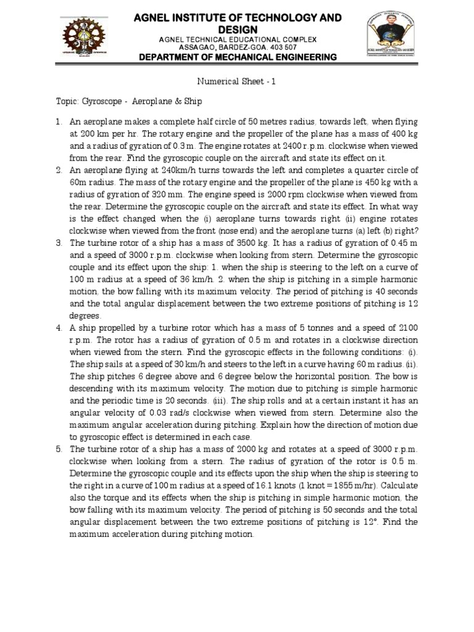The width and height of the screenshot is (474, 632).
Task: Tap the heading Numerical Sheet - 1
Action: pos(237,80)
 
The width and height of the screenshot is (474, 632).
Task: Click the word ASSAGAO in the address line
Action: pos(196,47)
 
